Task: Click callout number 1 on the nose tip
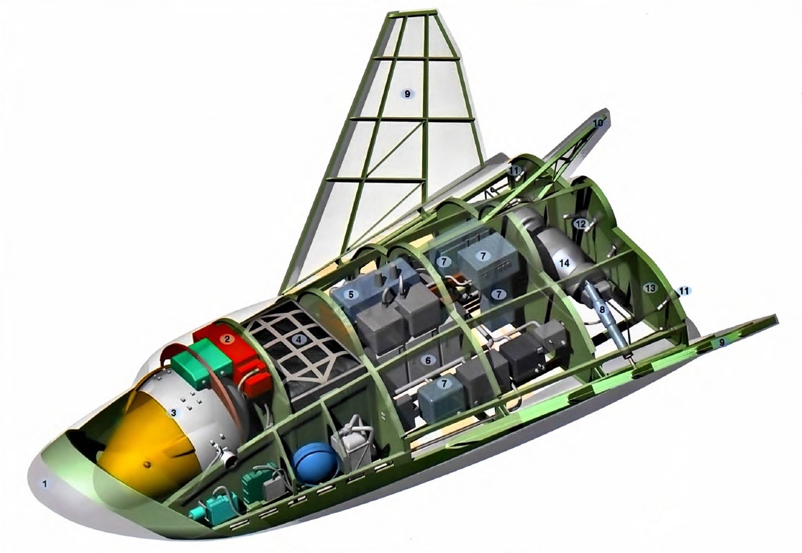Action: point(45,483)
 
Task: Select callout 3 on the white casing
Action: point(173,412)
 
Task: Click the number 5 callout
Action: point(351,295)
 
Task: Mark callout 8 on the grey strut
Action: point(602,309)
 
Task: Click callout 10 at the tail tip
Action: point(598,123)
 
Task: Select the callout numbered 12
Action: point(580,224)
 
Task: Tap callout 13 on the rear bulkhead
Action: point(650,288)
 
